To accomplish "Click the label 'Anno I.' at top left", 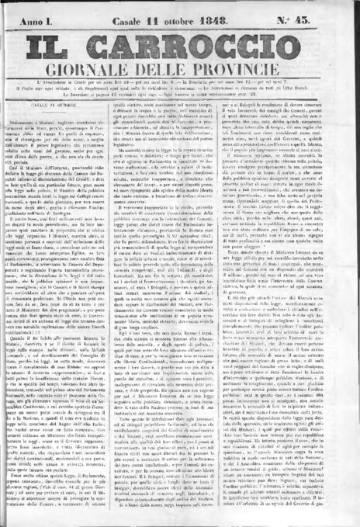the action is coord(39,10).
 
